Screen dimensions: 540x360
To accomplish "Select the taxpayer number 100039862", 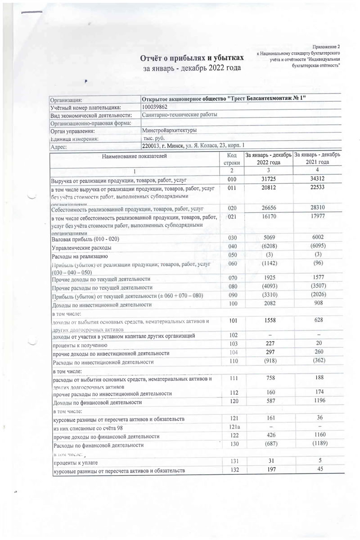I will coord(155,107).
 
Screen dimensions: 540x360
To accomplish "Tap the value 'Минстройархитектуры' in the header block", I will coord(169,130).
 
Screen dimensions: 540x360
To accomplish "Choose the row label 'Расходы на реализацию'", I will coord(79,256).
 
